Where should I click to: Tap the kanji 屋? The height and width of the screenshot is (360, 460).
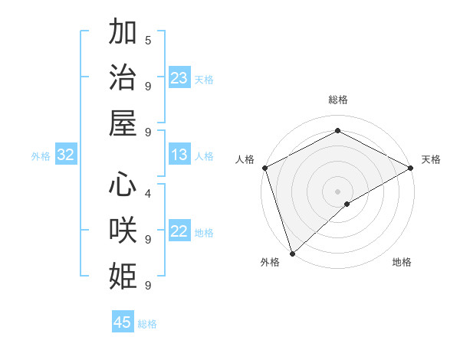point(123,122)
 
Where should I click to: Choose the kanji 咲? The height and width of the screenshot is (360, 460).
point(123,231)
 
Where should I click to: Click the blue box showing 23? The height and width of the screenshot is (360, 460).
point(179,78)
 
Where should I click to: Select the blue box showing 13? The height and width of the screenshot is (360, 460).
point(179,155)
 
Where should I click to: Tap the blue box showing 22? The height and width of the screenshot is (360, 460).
point(179,231)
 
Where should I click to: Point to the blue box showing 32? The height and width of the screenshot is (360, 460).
point(66,155)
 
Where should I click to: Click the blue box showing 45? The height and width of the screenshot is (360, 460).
point(123,322)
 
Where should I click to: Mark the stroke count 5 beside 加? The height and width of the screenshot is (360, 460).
point(147,40)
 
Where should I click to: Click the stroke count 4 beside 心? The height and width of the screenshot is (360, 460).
point(147,193)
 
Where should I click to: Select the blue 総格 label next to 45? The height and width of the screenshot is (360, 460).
point(148,324)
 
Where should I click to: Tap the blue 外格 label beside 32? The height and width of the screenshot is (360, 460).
point(41,156)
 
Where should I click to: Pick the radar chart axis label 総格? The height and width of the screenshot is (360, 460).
point(337,100)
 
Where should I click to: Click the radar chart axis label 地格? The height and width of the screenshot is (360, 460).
point(402,262)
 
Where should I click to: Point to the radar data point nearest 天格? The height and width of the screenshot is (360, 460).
point(411,169)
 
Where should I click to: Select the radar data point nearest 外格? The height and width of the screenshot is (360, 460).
point(292,253)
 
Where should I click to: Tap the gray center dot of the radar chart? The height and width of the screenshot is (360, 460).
point(337,191)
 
